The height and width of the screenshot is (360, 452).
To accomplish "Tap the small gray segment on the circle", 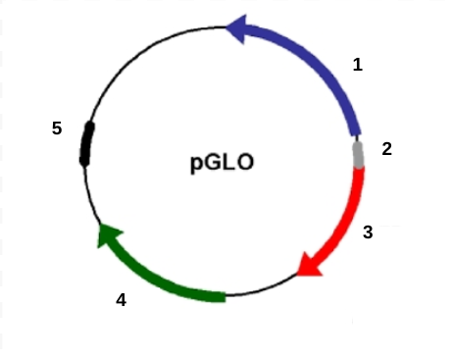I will point(358,152).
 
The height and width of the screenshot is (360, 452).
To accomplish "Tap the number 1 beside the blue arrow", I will point(358,66).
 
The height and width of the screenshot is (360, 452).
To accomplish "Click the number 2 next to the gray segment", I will point(386,149).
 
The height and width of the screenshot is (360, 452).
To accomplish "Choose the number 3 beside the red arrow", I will point(368,232).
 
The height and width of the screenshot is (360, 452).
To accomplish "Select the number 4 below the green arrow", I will point(121,301).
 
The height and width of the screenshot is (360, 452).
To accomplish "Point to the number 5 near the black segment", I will point(57,129).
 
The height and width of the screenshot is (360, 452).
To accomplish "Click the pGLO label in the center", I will point(222,161).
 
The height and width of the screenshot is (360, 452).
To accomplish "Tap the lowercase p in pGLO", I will point(196,163).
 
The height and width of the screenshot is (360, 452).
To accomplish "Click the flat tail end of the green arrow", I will point(224,294).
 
